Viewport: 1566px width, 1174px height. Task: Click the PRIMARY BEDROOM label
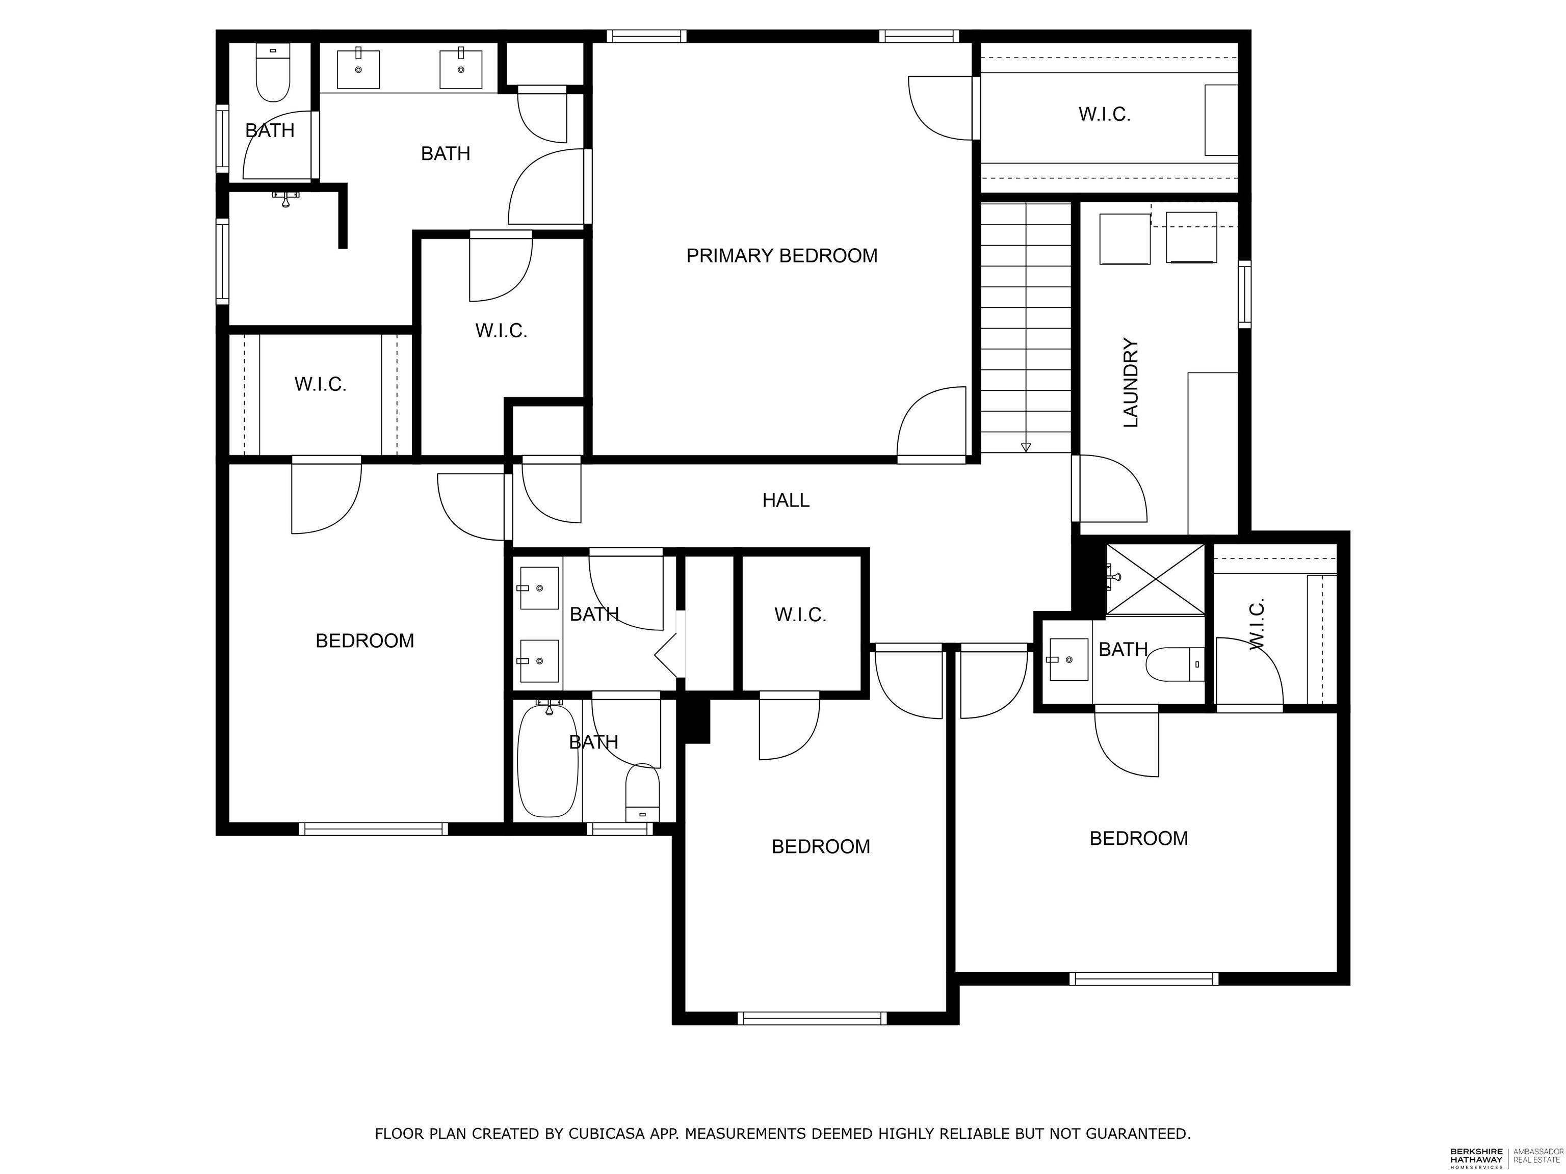781,255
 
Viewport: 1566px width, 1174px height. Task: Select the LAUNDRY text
1131,383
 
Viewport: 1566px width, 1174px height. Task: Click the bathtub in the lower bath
547,761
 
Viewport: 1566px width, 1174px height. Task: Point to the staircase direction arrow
1026,446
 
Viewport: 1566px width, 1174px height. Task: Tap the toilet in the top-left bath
273,75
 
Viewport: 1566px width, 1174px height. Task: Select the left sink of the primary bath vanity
358,69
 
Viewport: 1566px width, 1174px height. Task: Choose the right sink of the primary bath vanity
461,69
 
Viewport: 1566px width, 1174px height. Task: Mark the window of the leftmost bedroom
373,829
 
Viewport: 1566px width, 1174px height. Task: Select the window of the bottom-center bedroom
812,1018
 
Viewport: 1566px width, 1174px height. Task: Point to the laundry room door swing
1111,490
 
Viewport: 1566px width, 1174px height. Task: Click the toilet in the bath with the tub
642,792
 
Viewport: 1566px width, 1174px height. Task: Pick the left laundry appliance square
1124,239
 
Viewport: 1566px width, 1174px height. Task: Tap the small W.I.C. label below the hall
800,614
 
